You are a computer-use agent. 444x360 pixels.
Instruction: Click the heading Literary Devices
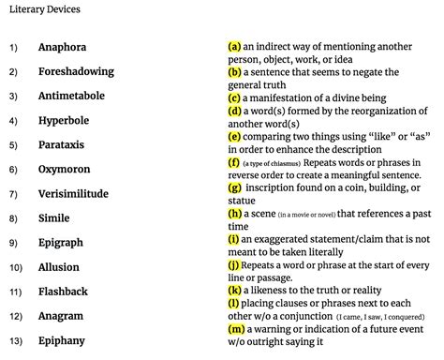[43, 10]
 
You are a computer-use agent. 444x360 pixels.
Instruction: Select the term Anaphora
[63, 46]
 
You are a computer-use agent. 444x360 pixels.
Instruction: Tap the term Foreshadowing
[76, 71]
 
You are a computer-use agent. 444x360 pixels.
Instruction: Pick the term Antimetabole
[71, 96]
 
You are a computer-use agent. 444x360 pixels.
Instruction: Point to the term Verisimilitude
[73, 194]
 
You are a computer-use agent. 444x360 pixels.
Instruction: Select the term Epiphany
[62, 340]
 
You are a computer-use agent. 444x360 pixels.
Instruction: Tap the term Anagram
[61, 316]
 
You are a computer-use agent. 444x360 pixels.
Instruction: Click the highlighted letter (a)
[234, 46]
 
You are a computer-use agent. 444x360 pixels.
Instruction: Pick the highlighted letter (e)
[234, 136]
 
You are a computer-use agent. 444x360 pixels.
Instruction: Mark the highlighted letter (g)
[234, 187]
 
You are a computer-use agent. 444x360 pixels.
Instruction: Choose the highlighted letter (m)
[236, 330]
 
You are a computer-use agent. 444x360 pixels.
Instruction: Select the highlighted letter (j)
[234, 265]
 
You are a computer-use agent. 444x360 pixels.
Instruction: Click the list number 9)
[14, 243]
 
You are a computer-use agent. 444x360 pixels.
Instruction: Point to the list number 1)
[14, 47]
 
